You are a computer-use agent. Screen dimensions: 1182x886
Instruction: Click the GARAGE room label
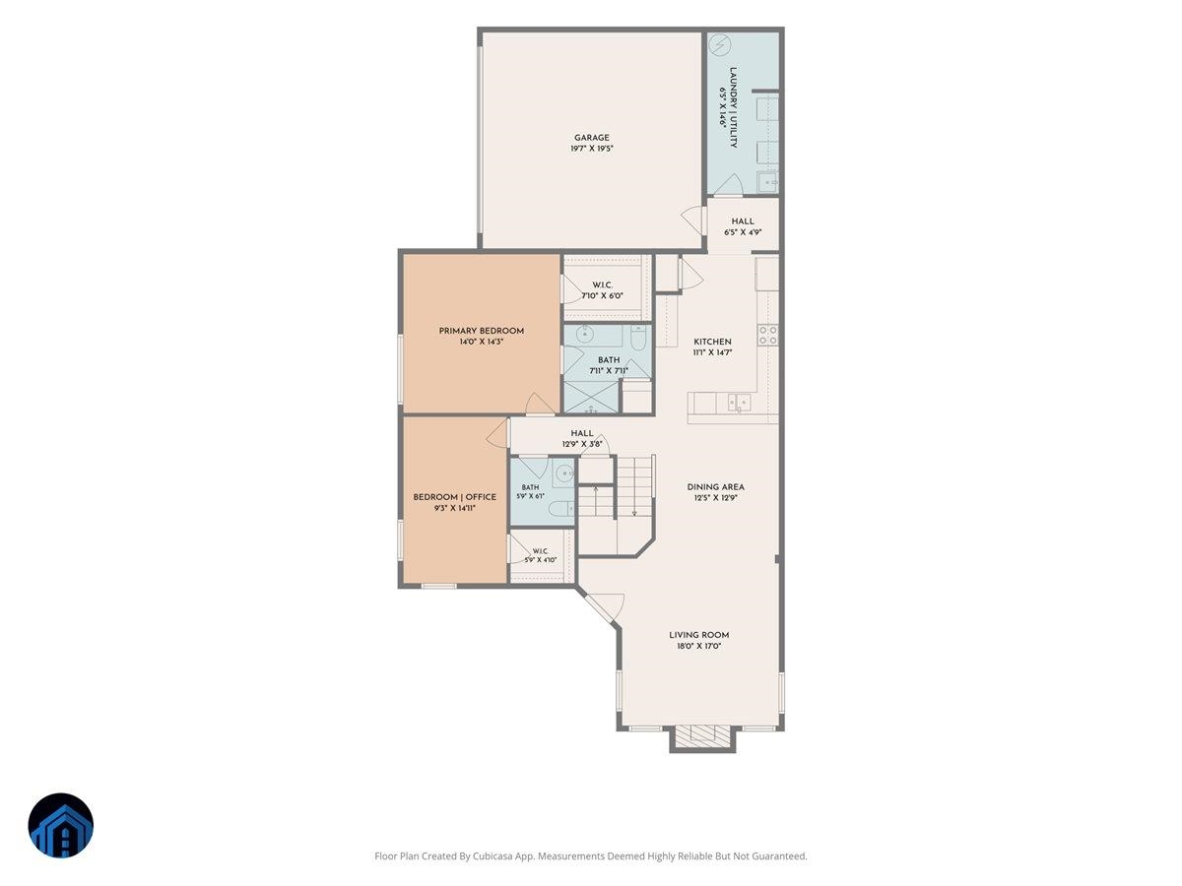pos(592,138)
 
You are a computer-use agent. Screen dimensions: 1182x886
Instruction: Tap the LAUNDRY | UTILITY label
pos(733,107)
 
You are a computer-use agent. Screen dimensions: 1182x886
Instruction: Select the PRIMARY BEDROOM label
pos(482,331)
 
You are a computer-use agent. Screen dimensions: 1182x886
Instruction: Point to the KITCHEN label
pos(712,342)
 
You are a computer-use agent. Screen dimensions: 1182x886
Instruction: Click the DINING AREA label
pos(716,487)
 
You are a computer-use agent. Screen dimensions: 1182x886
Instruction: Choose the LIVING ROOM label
pos(699,635)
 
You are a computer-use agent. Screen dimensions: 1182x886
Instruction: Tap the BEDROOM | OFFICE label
pos(454,497)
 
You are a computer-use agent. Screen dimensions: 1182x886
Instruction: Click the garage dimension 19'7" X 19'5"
pos(592,149)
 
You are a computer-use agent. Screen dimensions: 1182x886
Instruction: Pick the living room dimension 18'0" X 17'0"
pos(699,646)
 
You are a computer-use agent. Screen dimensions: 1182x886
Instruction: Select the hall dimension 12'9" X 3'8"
pos(581,444)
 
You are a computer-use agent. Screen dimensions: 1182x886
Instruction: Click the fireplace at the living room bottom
pos(702,737)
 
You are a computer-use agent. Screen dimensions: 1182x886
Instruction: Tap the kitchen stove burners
pos(768,335)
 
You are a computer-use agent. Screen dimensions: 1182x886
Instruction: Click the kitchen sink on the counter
pos(740,402)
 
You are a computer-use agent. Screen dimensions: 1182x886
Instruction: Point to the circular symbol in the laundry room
pos(719,44)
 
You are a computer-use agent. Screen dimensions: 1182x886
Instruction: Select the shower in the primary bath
pos(591,397)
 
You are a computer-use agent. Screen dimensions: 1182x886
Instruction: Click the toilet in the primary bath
pos(637,338)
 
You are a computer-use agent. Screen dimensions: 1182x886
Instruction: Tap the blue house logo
pos(61,825)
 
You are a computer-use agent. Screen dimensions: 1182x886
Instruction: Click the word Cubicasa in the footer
pos(493,855)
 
